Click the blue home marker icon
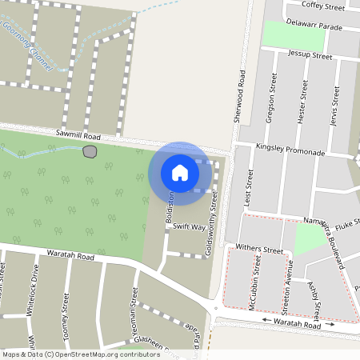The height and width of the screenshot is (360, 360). [x=180, y=172]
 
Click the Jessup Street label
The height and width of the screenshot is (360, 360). [x=310, y=57]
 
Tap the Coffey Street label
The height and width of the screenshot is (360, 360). [x=323, y=6]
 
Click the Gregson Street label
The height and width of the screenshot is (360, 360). [x=274, y=97]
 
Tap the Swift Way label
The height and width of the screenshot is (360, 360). [x=189, y=227]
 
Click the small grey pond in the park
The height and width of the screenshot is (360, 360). [x=90, y=151]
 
